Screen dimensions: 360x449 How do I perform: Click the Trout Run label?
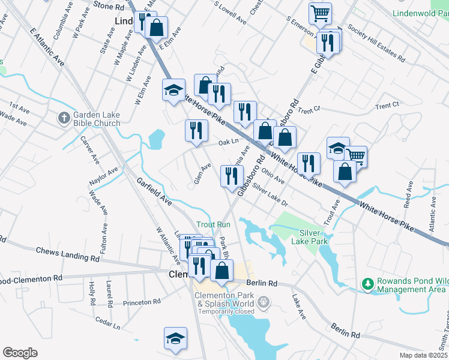click(213, 224)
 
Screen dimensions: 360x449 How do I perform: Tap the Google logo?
click(20, 353)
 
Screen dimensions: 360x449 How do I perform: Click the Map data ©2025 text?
click(423, 355)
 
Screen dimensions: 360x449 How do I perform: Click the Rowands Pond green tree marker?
click(367, 282)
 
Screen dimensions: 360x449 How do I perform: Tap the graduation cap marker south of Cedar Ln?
click(175, 338)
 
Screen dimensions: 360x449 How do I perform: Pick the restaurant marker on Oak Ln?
click(196, 131)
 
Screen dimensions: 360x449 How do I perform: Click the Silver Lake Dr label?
click(270, 195)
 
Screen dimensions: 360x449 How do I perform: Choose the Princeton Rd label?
click(142, 302)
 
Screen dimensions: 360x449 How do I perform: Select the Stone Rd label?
click(109, 6)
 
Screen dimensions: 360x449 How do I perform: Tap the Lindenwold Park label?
click(420, 13)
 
